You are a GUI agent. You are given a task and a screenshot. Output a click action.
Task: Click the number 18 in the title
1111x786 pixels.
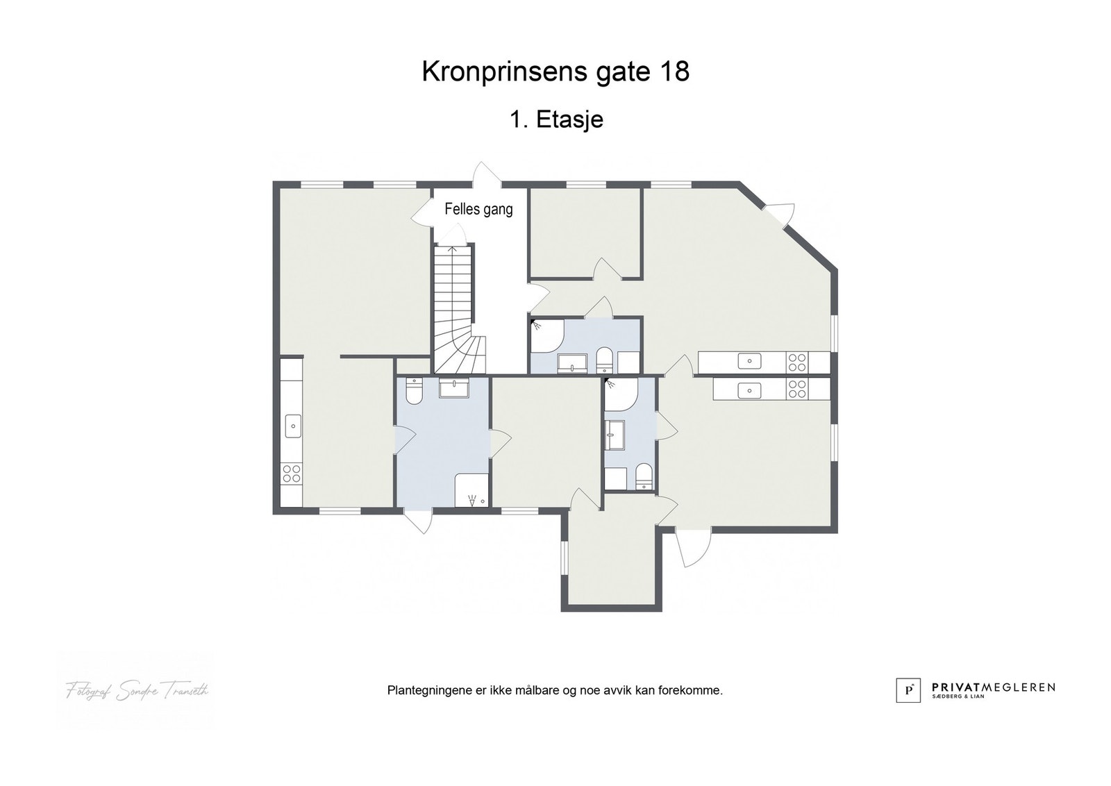coord(671,72)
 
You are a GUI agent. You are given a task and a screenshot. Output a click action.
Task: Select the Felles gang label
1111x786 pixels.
coord(478,209)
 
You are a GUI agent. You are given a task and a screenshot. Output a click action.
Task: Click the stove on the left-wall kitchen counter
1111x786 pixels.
coord(292,474)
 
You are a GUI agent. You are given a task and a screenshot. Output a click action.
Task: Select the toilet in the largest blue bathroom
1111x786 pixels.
coord(413,391)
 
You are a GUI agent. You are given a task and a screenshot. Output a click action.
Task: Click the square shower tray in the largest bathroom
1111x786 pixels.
coord(471,491)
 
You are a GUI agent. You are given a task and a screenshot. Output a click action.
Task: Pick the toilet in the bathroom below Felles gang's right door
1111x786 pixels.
coord(604,360)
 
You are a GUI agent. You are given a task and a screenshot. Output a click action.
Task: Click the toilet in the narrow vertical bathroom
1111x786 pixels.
coord(644,476)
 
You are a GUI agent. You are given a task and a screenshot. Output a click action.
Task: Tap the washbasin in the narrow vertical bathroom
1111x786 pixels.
coord(614,435)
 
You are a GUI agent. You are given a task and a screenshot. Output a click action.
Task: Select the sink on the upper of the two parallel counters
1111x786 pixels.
coord(749,361)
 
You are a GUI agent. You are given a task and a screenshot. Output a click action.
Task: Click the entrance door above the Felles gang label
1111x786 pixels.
coord(486,175)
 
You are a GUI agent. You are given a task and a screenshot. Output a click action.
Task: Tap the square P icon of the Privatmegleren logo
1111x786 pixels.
coord(908,689)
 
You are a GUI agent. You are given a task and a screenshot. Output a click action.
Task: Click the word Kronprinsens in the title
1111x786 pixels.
coord(496,72)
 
